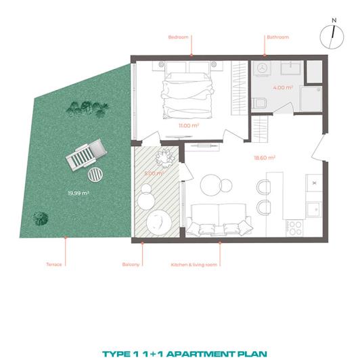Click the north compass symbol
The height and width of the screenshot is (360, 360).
[332, 32]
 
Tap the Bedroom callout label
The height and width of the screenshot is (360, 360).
[179, 37]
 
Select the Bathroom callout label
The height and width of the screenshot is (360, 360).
[277, 37]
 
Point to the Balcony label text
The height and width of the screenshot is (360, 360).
[131, 264]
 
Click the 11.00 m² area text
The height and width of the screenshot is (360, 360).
[187, 126]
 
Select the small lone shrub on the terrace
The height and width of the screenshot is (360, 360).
[42, 218]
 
